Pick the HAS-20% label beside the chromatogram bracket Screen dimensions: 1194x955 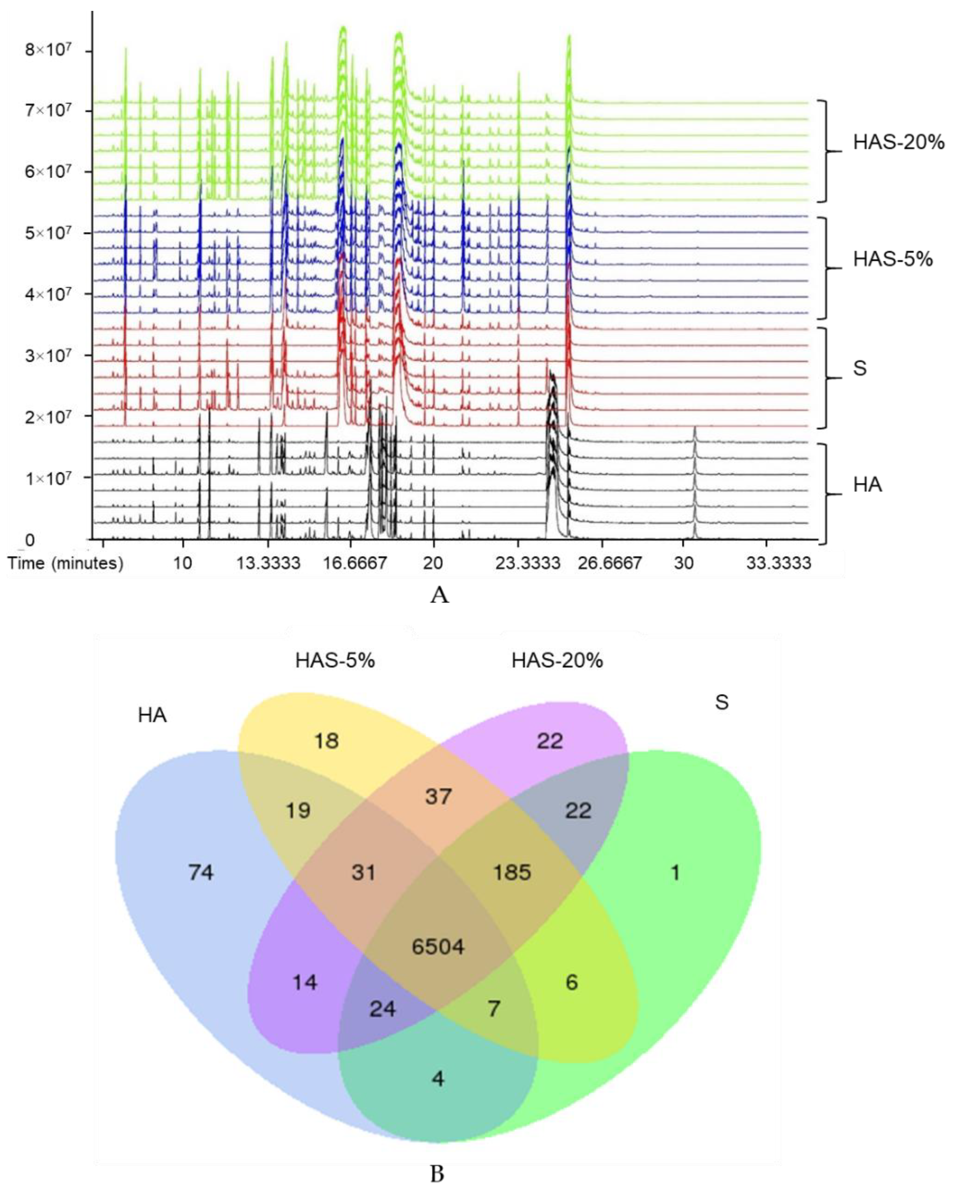(x=898, y=142)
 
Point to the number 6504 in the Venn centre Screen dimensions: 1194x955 (x=438, y=947)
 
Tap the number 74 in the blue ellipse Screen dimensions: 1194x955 (x=201, y=873)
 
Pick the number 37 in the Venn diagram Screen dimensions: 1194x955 (x=438, y=797)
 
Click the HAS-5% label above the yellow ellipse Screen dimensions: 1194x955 (x=335, y=661)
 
